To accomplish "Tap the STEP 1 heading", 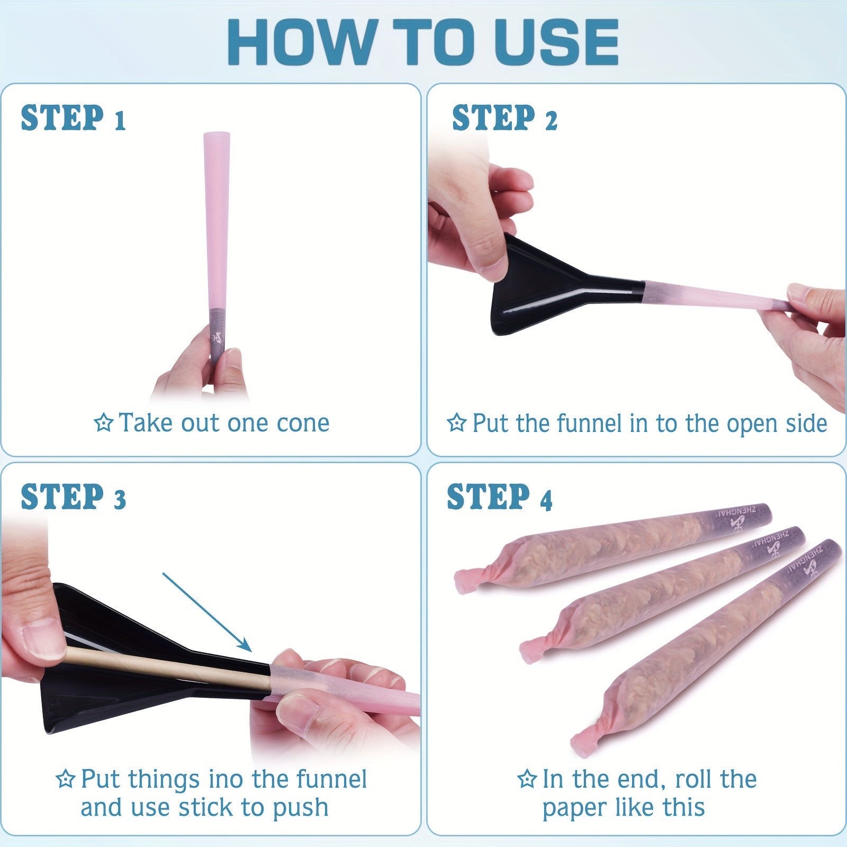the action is pyautogui.click(x=73, y=118).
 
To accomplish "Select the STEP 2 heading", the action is pyautogui.click(x=504, y=118).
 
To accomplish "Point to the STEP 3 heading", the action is pyautogui.click(x=73, y=497).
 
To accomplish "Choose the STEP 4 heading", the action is pyautogui.click(x=499, y=497).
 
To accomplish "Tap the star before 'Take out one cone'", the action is pyautogui.click(x=104, y=422).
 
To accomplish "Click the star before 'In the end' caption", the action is pyautogui.click(x=527, y=779).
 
